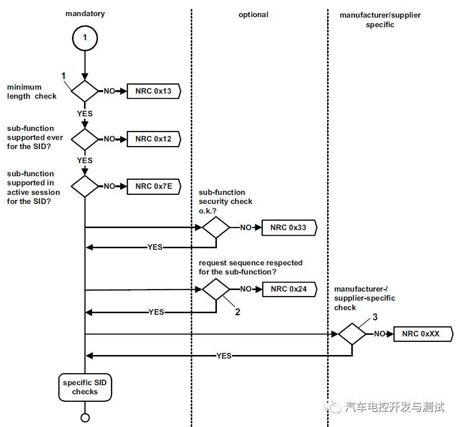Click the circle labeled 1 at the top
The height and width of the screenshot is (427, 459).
(x=85, y=38)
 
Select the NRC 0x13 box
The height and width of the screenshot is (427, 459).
(x=153, y=91)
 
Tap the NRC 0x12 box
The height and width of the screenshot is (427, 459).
(x=153, y=139)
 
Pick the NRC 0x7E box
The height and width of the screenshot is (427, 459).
(x=153, y=186)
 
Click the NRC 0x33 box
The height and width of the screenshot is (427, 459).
(x=288, y=228)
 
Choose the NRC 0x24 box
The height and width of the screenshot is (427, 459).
(x=288, y=289)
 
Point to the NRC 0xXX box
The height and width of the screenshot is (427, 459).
(x=423, y=333)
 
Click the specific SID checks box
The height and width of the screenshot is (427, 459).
(x=85, y=387)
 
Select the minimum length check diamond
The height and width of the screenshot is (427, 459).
(x=85, y=91)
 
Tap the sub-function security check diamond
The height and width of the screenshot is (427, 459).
(x=216, y=228)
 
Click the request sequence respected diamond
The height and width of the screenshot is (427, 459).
(x=216, y=290)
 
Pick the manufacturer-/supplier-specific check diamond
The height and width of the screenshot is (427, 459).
(x=352, y=334)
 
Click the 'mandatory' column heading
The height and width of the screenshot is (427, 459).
(x=85, y=14)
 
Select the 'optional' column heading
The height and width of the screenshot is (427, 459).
(x=253, y=15)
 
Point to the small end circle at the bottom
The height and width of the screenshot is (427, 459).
(x=85, y=417)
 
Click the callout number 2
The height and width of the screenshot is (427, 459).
(x=238, y=312)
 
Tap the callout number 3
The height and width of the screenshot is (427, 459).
(x=374, y=317)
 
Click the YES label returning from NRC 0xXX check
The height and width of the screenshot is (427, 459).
(x=224, y=355)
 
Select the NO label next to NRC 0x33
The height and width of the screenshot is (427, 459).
(x=246, y=228)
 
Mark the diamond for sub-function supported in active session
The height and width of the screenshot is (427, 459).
(x=85, y=186)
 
